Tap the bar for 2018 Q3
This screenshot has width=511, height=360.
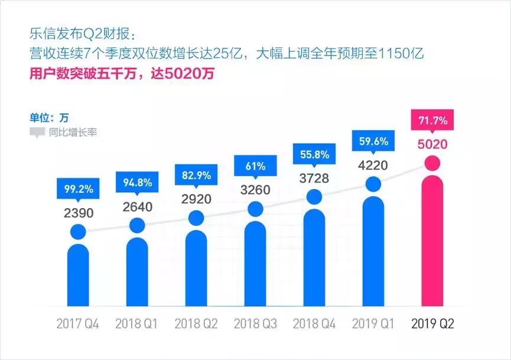tap(255, 263)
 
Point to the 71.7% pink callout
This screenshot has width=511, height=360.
tap(432, 121)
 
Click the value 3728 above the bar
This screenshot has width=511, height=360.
tap(314, 178)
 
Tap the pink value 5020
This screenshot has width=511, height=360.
tap(432, 144)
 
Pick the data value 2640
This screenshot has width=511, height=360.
tap(137, 206)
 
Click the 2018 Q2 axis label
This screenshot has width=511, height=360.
tap(196, 325)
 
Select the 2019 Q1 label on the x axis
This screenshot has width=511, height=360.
tap(373, 325)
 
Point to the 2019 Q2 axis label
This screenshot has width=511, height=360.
tap(432, 325)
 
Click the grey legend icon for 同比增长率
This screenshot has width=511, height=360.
tap(37, 132)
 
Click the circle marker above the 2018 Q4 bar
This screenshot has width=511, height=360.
tap(314, 197)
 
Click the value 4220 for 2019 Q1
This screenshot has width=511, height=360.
tap(373, 165)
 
